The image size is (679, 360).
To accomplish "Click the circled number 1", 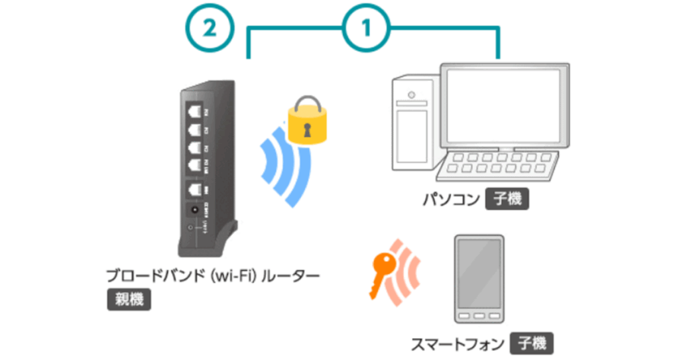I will [366, 29].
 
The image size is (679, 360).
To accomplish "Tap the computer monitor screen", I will [505, 105].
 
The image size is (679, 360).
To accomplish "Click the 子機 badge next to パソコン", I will [507, 199].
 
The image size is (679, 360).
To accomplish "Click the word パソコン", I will [450, 199].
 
